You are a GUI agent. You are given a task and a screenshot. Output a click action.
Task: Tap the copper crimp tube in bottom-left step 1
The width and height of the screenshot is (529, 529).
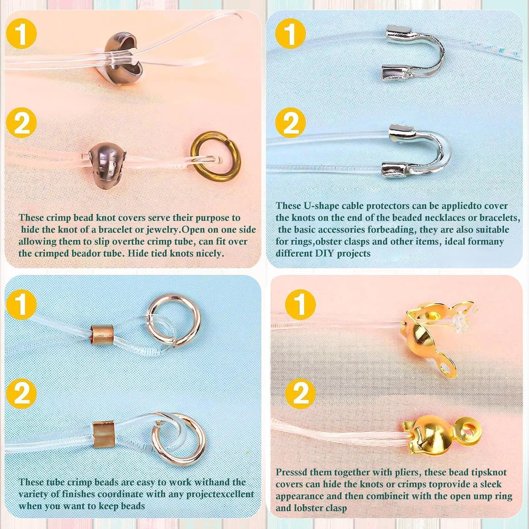(102, 335)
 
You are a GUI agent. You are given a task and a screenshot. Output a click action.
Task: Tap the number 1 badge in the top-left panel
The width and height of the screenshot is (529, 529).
(21, 34)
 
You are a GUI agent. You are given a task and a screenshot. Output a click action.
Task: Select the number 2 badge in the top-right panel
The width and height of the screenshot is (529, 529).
(290, 123)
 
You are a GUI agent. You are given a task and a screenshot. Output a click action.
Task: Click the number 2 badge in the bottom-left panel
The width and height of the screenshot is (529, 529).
(21, 393)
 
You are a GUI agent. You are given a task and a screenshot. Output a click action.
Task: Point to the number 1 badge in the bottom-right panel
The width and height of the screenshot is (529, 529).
(300, 305)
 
